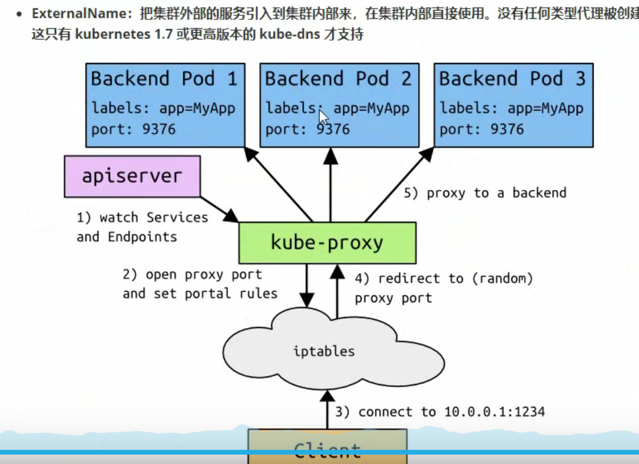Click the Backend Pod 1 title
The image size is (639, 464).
(164, 79)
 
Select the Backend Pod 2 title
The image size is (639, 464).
(338, 79)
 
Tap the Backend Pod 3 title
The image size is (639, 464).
(512, 79)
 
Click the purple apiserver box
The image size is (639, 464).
(132, 176)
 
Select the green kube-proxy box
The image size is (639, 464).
(327, 242)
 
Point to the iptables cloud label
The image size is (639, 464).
(324, 352)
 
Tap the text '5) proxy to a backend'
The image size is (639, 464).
(485, 193)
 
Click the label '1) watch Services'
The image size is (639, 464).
(142, 218)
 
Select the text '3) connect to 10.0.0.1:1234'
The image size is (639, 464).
(440, 412)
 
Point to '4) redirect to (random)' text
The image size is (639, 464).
(443, 279)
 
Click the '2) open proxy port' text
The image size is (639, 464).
(192, 275)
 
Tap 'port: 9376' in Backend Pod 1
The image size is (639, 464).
(134, 129)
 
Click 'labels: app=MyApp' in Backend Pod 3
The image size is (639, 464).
(511, 108)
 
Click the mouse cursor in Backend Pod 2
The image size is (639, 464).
(323, 116)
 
